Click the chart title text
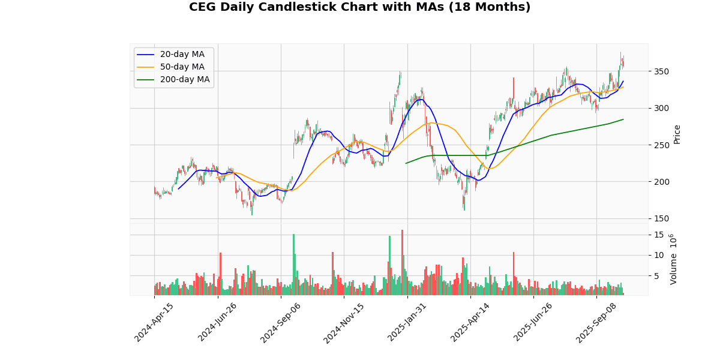pos(359,7)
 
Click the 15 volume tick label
pos(658,235)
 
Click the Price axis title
pos(677,134)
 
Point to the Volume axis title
pos(673,259)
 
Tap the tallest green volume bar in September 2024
pos(293,264)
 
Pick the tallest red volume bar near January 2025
pos(402,262)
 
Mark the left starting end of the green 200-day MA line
pos(406,163)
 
